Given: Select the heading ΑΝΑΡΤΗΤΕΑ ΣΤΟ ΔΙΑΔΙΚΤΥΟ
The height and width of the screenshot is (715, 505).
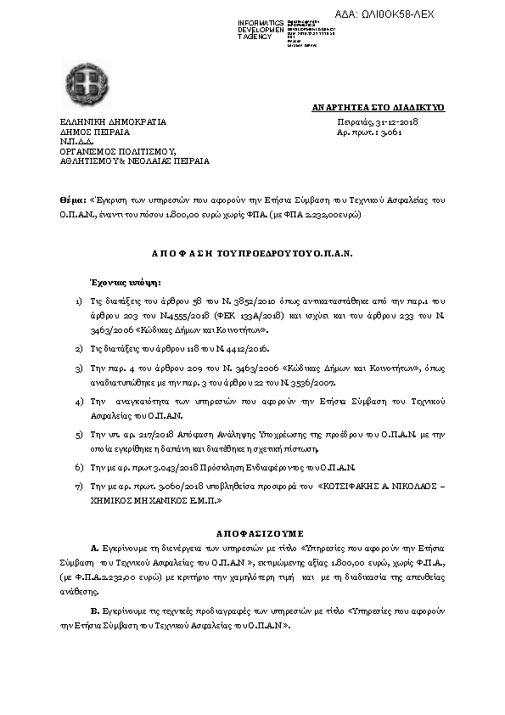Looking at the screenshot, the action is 379,108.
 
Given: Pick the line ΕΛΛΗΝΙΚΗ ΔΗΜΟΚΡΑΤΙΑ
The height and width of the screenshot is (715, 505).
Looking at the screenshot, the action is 113,121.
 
